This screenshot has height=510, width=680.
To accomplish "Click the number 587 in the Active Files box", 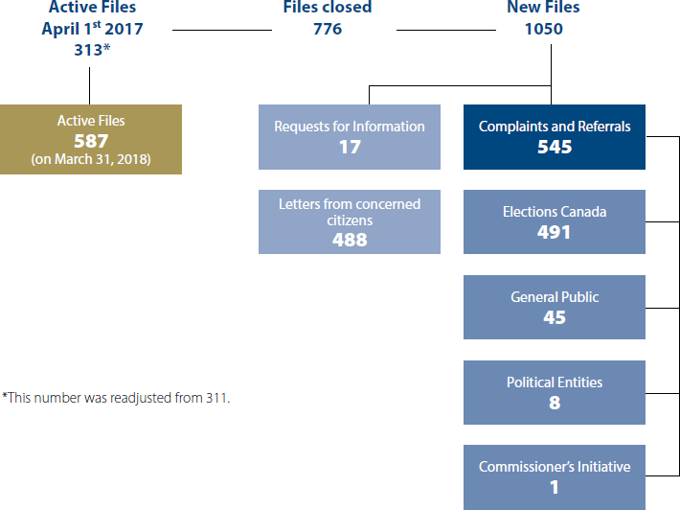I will coord(92,140).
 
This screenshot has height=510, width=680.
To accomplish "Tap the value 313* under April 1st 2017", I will coord(92,50).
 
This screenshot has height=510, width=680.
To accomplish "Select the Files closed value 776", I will coord(328,29).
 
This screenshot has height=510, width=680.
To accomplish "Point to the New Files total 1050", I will coord(543,29).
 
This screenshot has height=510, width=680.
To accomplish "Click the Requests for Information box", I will coord(349,137).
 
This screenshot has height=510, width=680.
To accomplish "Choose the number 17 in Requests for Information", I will coord(349,148).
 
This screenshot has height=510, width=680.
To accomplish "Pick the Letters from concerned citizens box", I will coord(349,221).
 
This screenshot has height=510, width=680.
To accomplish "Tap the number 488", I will coord(349,240).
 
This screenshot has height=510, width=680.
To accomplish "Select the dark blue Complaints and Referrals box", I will coord(554,137).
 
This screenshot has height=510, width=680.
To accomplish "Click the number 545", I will coord(554,147).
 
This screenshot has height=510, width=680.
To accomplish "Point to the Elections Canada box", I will coord(554,221).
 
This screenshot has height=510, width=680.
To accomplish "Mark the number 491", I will coord(554,232).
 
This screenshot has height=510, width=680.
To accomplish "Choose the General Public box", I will coord(554,307).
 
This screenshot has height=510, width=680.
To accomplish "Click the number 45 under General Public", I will coord(554,317).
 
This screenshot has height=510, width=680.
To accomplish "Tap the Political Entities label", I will coord(554,382).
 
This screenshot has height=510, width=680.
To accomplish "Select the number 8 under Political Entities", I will coord(554,403).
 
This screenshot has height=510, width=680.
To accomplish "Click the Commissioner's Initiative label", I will coord(554,467).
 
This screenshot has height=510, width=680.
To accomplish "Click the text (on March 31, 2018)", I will coord(92,158).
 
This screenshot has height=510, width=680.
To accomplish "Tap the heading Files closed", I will coord(328,8).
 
